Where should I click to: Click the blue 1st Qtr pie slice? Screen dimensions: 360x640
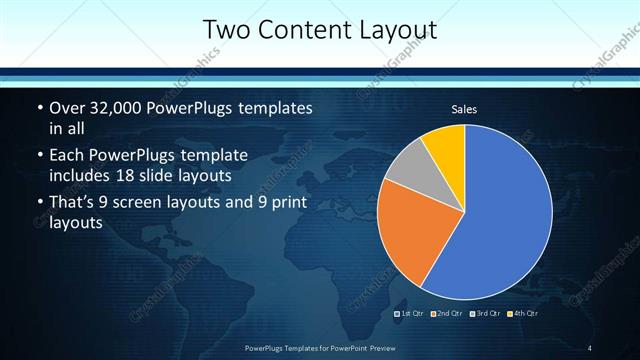pyautogui.click(x=500, y=215)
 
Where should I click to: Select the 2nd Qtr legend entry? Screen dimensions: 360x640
pyautogui.click(x=448, y=313)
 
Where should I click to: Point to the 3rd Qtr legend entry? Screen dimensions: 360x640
pyautogui.click(x=485, y=313)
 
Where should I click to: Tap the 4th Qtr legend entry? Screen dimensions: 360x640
pyautogui.click(x=523, y=313)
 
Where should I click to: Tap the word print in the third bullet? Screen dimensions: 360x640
pyautogui.click(x=285, y=204)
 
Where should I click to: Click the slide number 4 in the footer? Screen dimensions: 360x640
pyautogui.click(x=590, y=348)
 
